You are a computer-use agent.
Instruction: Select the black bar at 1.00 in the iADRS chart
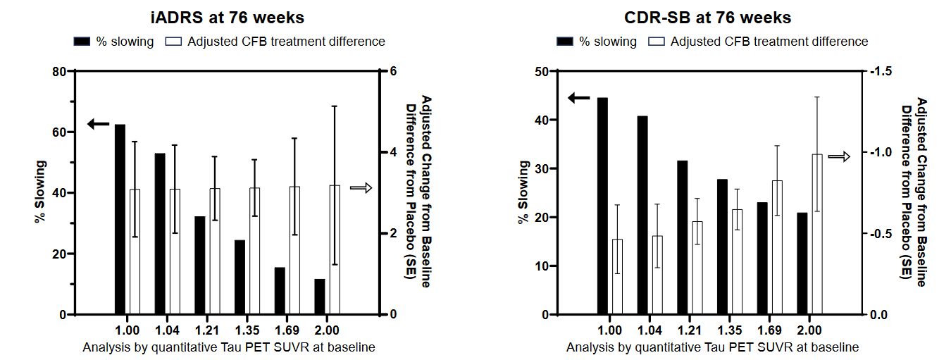[x=120, y=219]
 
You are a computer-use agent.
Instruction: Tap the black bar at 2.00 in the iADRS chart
[x=320, y=297]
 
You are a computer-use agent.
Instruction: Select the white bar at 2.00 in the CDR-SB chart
[x=817, y=234]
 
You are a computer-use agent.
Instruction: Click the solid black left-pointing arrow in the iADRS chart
[x=99, y=124]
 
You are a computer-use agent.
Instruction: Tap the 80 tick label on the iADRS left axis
[x=59, y=71]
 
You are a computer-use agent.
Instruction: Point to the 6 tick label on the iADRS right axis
[x=393, y=71]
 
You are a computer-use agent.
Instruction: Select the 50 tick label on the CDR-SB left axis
[x=542, y=71]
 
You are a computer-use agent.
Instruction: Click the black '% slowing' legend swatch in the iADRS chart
[x=82, y=42]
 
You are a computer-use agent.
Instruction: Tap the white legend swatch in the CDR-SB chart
[x=657, y=42]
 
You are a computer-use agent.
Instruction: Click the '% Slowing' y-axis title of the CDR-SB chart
[x=523, y=192]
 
